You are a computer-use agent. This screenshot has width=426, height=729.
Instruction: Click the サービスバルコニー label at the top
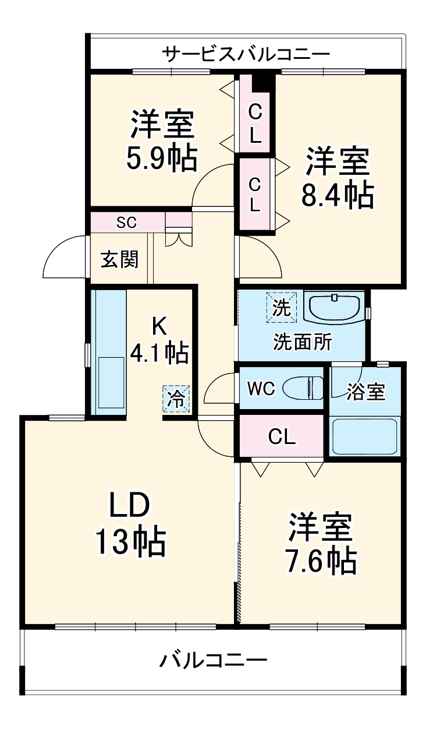246,54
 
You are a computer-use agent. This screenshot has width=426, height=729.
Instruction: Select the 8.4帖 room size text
337,196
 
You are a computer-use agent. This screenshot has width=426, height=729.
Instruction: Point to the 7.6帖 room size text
321,560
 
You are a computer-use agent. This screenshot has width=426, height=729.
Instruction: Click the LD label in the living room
131,505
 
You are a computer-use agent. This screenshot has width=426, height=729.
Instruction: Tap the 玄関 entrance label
120,260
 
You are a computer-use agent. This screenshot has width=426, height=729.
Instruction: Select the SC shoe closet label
126,222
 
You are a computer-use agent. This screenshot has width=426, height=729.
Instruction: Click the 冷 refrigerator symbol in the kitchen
176,399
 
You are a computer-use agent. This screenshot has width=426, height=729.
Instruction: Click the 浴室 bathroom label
366,392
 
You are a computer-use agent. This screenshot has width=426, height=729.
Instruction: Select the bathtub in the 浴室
364,436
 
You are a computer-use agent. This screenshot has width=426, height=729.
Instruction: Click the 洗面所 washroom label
303,342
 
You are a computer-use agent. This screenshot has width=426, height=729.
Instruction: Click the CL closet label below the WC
282,436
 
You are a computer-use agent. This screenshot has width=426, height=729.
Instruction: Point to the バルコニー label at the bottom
214,660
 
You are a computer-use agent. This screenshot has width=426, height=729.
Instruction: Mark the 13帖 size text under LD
131,543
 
